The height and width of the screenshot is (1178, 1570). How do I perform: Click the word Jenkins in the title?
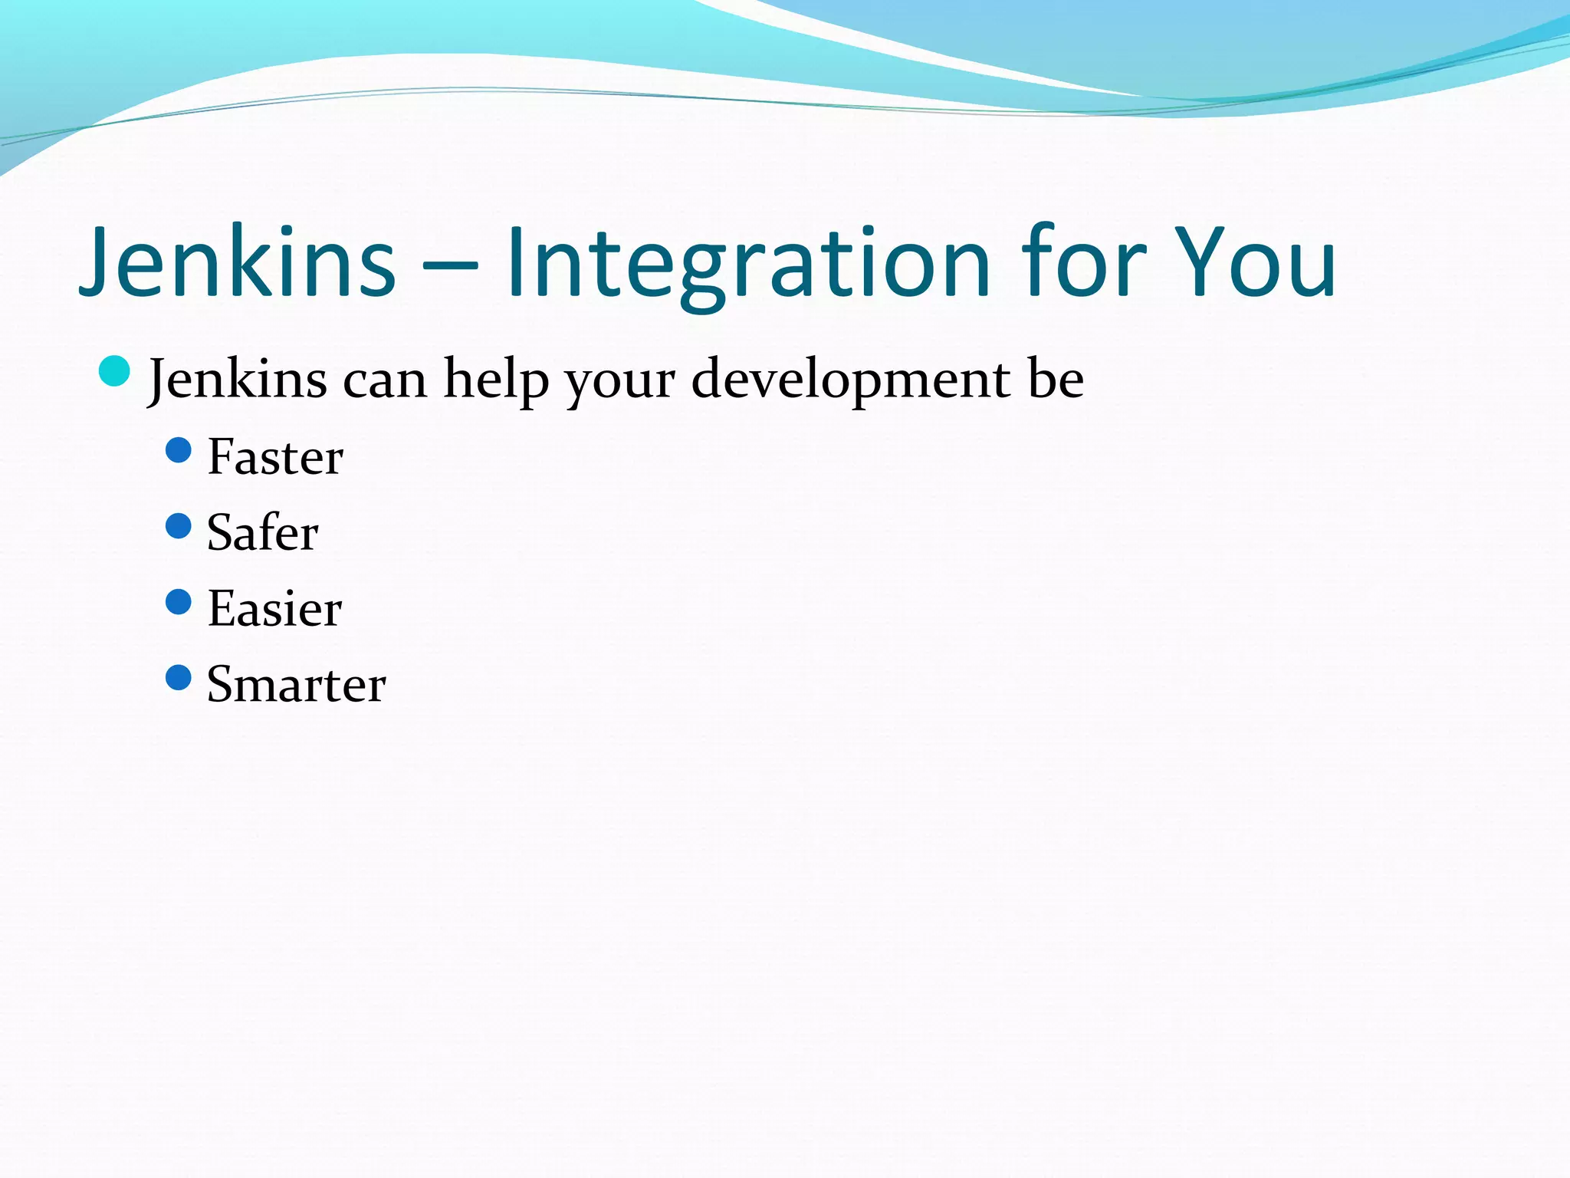pos(238,262)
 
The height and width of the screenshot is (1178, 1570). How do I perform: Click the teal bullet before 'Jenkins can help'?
pos(115,372)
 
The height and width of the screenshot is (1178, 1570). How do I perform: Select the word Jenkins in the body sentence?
pos(238,380)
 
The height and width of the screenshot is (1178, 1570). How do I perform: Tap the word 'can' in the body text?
pos(384,381)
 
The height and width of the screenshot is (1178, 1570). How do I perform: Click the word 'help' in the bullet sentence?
pos(496,380)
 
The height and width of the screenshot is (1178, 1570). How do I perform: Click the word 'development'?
pos(850,380)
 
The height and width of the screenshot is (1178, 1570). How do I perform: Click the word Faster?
pos(275,458)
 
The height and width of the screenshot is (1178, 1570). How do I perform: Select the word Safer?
pos(262,533)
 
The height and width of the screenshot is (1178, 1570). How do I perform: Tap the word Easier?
pos(274,609)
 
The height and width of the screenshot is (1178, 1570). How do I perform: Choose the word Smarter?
pos(296,685)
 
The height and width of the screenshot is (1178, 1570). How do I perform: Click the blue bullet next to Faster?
pos(179,450)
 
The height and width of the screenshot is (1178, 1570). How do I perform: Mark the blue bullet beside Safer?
pos(179,526)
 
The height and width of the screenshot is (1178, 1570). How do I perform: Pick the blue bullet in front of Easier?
pos(179,602)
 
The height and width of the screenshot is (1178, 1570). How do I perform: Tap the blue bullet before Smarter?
pos(179,678)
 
